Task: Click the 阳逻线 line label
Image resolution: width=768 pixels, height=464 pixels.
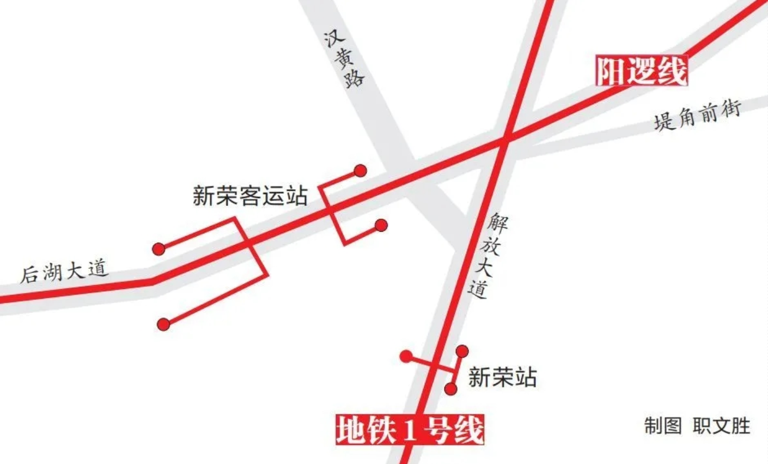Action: point(642,71)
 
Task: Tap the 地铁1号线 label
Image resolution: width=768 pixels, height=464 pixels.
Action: point(410,430)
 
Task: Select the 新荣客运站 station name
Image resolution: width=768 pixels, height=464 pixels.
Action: point(250,196)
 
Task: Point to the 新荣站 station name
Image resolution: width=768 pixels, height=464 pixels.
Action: point(502,377)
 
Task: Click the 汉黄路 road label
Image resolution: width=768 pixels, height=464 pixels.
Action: point(345,59)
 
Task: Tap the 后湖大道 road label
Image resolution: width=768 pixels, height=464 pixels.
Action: point(64,271)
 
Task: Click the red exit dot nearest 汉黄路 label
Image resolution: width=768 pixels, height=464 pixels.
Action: point(360,171)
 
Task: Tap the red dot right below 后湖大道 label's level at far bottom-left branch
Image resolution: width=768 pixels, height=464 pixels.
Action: point(163,324)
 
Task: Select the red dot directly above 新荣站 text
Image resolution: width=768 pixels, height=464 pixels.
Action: point(462,351)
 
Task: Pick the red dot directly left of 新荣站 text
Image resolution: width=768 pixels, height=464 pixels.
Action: point(450,389)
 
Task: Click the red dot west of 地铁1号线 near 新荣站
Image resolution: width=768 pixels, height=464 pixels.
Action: point(406,357)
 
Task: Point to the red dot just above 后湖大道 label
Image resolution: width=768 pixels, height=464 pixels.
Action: point(159,249)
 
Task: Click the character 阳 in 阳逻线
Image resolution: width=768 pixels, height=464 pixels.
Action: point(611,71)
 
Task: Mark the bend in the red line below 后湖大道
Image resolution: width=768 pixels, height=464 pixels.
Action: point(153,281)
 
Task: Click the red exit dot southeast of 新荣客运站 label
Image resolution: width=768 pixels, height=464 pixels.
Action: point(381,225)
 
